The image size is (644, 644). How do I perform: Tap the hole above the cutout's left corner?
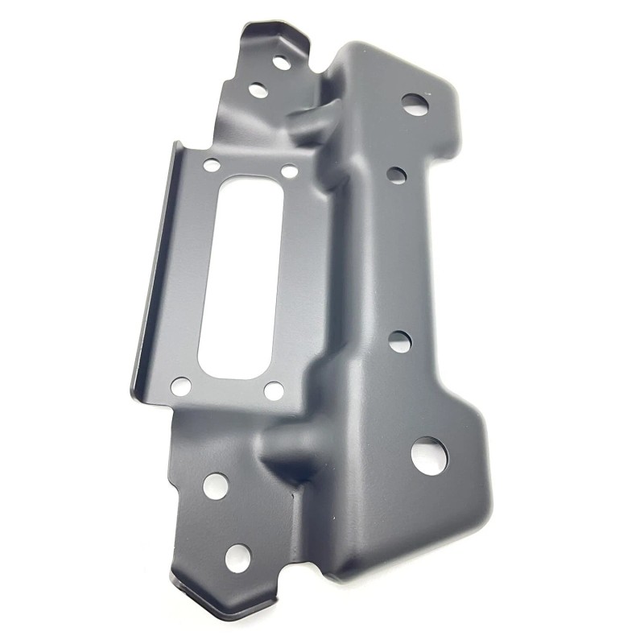click(x=212, y=166)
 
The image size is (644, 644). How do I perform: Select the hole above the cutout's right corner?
click(x=288, y=171)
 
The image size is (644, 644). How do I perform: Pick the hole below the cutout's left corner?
click(x=181, y=386)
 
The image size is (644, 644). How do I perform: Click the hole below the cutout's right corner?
click(x=274, y=391)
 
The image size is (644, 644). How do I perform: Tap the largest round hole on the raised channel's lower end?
click(x=429, y=455)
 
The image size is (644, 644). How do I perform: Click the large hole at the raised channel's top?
click(x=414, y=103)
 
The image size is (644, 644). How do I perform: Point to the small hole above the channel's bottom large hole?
click(x=400, y=341)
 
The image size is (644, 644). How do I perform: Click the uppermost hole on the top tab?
click(x=281, y=61)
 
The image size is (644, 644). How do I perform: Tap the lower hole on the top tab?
click(x=258, y=90)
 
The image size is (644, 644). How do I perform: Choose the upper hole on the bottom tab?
click(x=215, y=485)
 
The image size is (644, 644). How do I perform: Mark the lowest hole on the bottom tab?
click(x=237, y=557)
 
